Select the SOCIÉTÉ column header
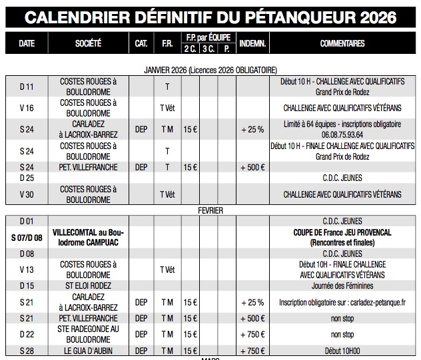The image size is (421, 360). (x=89, y=44)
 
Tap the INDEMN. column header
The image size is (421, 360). (x=252, y=44)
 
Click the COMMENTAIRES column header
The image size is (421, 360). (x=342, y=44)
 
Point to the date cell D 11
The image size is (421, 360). (x=27, y=87)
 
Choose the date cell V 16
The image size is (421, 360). (x=27, y=108)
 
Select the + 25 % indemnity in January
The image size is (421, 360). (x=252, y=129)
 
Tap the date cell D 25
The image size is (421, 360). (x=27, y=178)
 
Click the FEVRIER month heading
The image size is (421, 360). (x=210, y=210)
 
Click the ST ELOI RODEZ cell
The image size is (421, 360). (x=89, y=285)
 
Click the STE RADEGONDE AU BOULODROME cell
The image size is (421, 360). (x=89, y=334)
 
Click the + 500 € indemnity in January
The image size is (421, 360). (x=252, y=167)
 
